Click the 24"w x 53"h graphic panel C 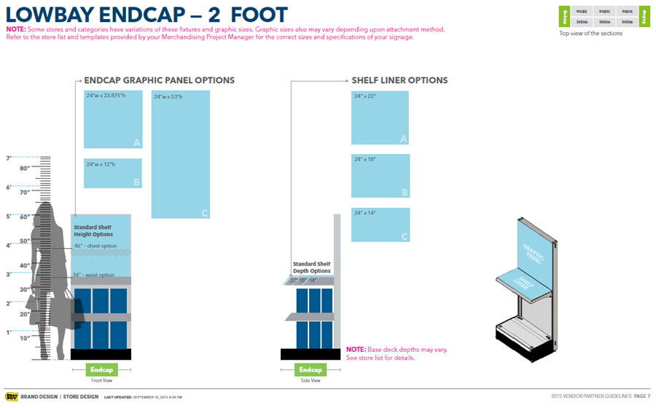coord(181,154)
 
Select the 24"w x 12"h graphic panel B coord(113,173)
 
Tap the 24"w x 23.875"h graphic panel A coord(113,119)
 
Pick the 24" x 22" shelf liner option coord(380,118)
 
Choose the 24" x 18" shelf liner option coord(380,176)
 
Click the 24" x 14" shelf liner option coord(380,225)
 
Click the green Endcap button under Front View coord(102,369)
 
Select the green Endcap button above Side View coord(311,369)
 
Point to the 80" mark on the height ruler coord(24,169)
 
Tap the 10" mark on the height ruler coord(24,338)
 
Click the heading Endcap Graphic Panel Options coord(160,80)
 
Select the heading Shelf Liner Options coord(399,80)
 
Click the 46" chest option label coord(95,246)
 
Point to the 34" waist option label coord(94,275)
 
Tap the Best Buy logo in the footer coord(12,396)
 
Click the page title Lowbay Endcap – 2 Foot coord(146,14)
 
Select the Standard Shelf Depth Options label coord(311,267)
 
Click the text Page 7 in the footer coord(639,396)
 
